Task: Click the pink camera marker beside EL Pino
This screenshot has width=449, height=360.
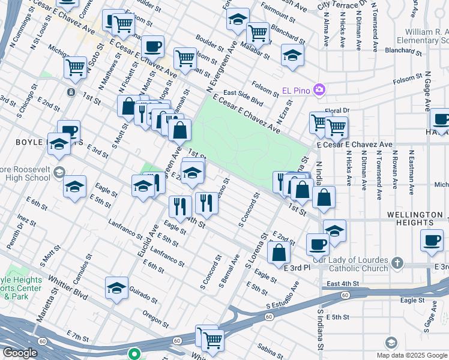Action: pyautogui.click(x=319, y=91)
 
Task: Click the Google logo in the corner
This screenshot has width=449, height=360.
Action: pyautogui.click(x=20, y=353)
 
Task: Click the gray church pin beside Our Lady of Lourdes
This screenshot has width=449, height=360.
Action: pyautogui.click(x=396, y=263)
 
